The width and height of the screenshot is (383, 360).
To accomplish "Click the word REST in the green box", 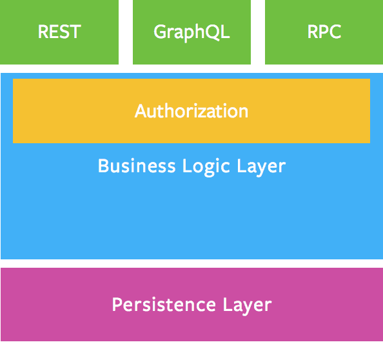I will [x=59, y=32].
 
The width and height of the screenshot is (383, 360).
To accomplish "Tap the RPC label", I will [x=324, y=32].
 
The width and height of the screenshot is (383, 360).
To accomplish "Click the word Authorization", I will [x=191, y=111].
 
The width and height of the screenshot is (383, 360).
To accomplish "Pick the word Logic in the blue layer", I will [x=203, y=166].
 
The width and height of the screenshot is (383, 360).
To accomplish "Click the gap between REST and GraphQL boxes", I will [x=126, y=32].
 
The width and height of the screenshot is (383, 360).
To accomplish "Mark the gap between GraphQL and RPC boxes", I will [x=258, y=32].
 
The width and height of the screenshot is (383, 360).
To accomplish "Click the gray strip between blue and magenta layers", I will [x=191, y=263].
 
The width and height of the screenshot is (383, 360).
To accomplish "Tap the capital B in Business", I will [x=103, y=166].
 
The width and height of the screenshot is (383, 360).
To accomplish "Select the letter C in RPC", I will [x=334, y=32].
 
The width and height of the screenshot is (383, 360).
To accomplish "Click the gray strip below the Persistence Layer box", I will [x=191, y=350].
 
